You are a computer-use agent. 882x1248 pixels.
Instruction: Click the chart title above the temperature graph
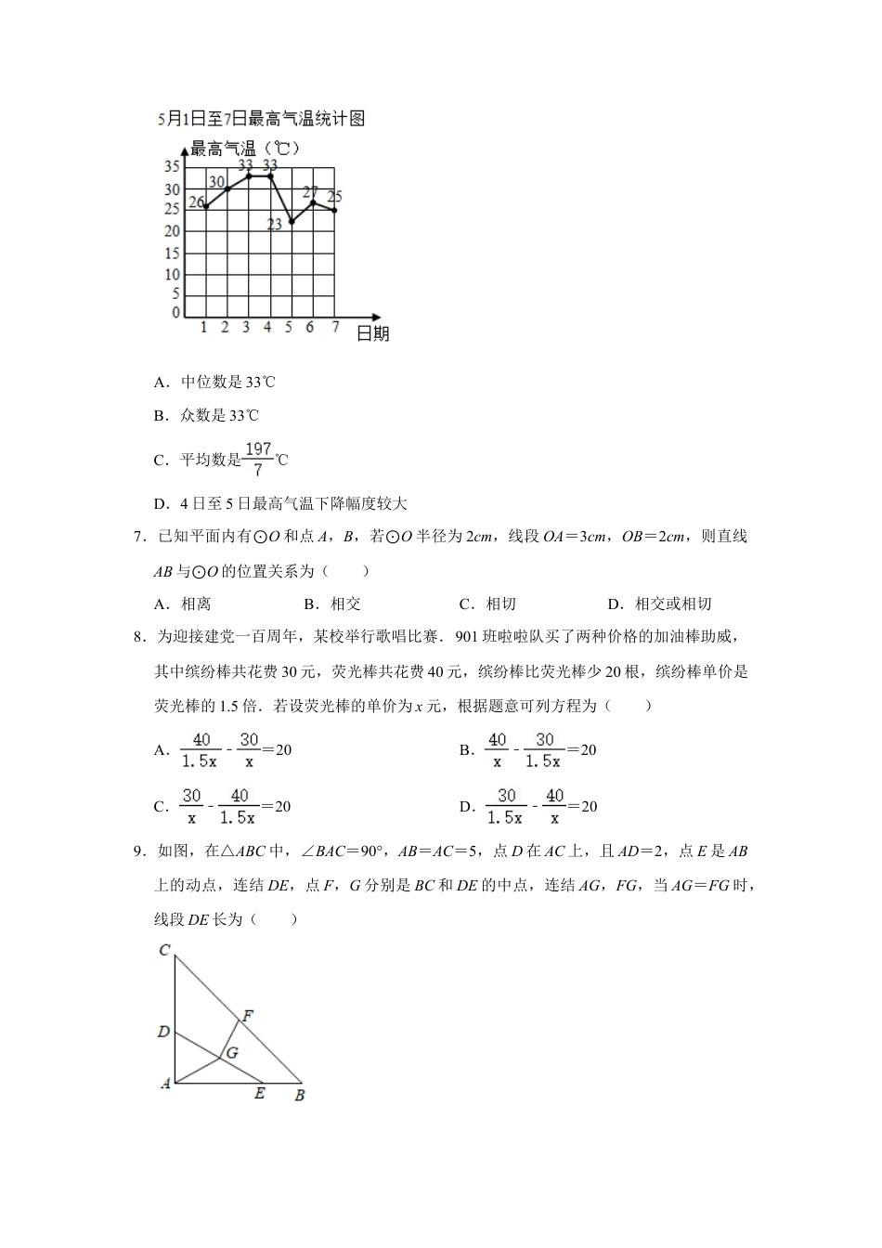(x=260, y=118)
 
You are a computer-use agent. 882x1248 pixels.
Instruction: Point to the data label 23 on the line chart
(x=275, y=225)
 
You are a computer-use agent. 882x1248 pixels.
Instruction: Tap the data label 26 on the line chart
(x=196, y=202)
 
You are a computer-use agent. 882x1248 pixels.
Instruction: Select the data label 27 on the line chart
(x=310, y=192)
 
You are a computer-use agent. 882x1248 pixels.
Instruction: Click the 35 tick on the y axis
(x=172, y=167)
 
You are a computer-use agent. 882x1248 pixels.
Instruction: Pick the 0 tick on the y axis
(x=175, y=313)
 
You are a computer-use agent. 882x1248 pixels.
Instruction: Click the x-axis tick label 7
(x=335, y=328)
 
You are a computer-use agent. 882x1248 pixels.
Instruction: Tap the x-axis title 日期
(x=372, y=333)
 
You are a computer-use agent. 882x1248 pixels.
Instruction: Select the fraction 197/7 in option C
(x=257, y=460)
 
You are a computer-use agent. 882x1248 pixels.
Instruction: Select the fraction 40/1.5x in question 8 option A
(x=200, y=750)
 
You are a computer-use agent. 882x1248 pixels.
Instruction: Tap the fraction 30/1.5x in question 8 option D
(x=505, y=807)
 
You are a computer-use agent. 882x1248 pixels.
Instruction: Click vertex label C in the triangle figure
(x=163, y=950)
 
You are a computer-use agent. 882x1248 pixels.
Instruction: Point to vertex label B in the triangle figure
(x=299, y=1096)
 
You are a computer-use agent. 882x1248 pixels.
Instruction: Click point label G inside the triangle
(x=232, y=1053)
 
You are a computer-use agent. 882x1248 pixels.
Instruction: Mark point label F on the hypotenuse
(x=248, y=1016)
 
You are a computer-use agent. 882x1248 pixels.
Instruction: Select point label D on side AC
(x=163, y=1032)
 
